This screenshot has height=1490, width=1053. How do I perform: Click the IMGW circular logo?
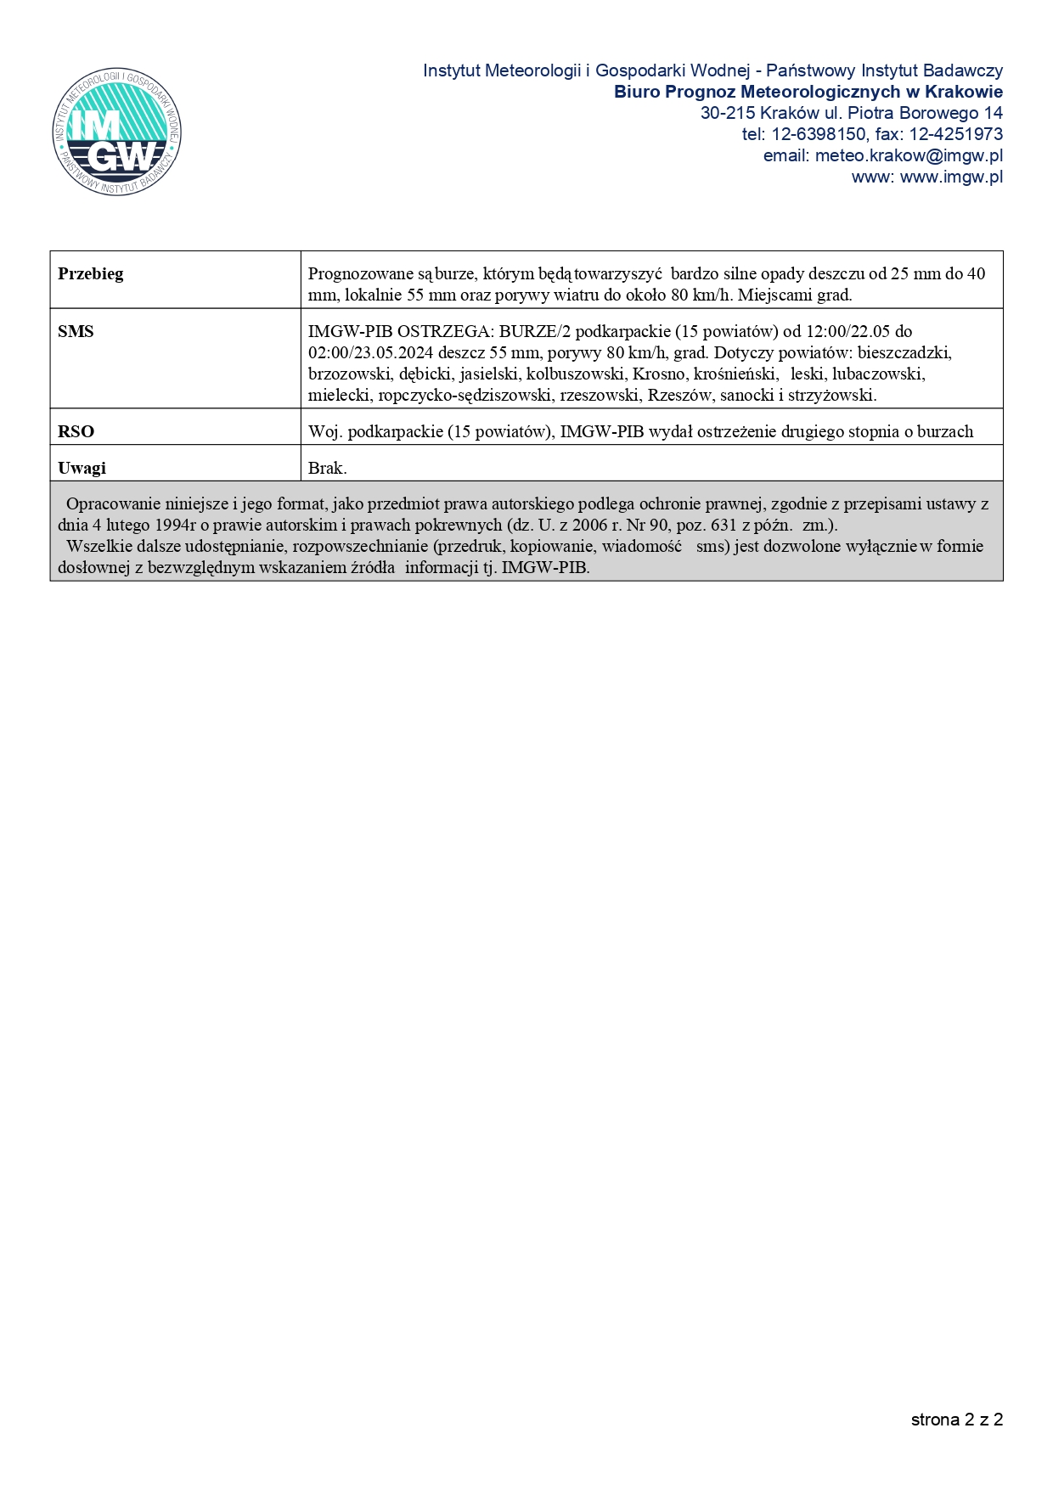click(116, 132)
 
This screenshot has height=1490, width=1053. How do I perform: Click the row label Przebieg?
click(90, 273)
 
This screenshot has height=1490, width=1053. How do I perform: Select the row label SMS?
click(76, 331)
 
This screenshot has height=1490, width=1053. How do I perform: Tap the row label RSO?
click(76, 431)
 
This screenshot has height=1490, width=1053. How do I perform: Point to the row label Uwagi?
click(82, 468)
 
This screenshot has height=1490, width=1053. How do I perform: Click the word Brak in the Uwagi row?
click(327, 468)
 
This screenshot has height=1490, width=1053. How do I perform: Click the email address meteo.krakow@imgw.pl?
click(909, 155)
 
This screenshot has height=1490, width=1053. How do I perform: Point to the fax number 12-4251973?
click(955, 134)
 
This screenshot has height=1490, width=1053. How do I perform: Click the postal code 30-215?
click(728, 113)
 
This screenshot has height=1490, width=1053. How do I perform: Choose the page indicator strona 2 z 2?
click(956, 1420)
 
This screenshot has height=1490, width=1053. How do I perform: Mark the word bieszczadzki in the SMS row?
click(904, 352)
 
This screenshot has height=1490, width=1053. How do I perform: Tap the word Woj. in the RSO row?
click(324, 431)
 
